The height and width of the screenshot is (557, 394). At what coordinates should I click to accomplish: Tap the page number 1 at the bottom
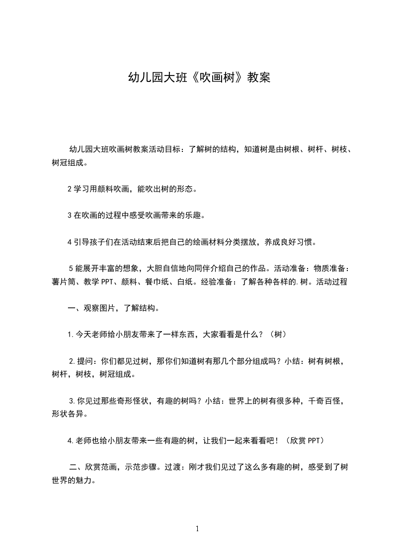(x=197, y=529)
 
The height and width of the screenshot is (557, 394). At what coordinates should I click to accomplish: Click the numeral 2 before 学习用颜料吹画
(x=70, y=189)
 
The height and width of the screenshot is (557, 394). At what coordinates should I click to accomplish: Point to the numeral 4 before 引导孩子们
(x=70, y=242)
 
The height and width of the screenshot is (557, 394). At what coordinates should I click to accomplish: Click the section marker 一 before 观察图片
(x=72, y=308)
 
